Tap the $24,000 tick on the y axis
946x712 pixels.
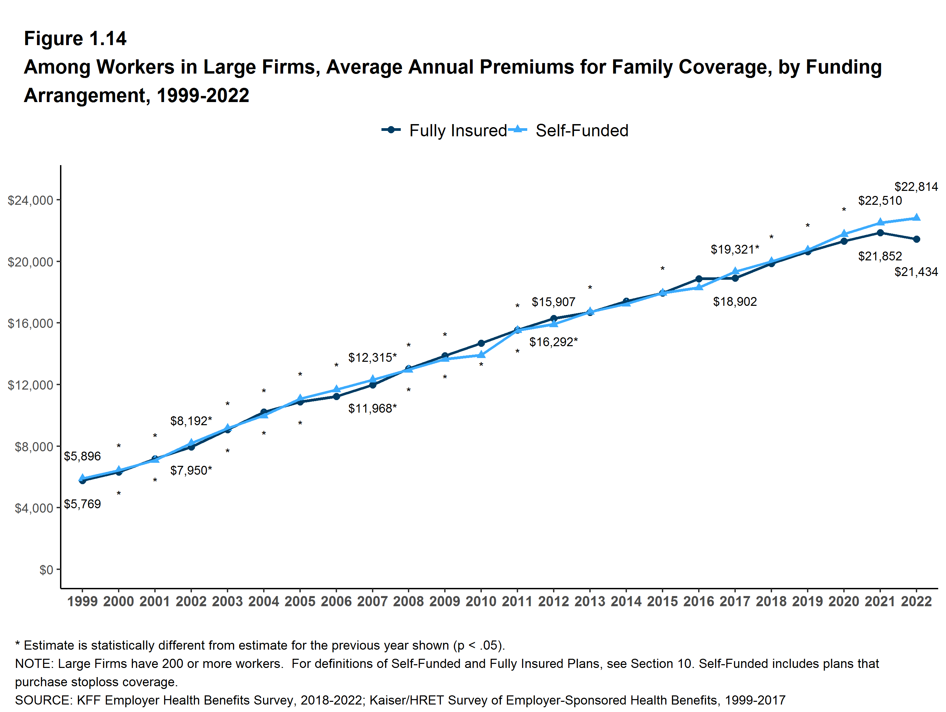click(31, 200)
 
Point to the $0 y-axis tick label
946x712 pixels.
click(46, 570)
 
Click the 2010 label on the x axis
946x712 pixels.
click(481, 601)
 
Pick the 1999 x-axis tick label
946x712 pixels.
click(82, 601)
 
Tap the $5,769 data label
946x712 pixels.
click(82, 504)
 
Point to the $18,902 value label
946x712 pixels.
click(735, 302)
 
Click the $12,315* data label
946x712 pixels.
click(372, 357)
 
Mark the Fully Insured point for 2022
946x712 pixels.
click(917, 239)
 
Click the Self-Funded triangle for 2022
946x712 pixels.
click(917, 217)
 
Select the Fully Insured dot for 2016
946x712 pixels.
click(699, 279)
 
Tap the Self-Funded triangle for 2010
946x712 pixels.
click(481, 355)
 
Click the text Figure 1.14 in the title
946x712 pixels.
click(75, 39)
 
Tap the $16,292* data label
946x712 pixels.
click(553, 342)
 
